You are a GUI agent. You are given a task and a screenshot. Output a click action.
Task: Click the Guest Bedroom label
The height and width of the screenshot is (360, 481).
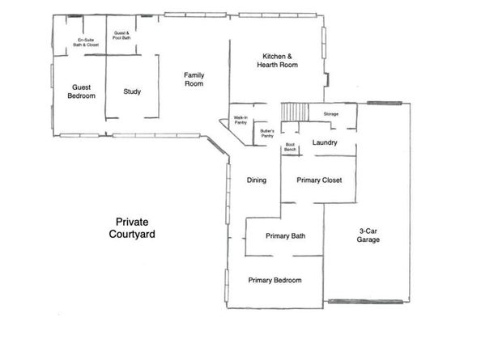[81, 91]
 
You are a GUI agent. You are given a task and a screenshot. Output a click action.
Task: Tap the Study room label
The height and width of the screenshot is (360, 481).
[132, 91]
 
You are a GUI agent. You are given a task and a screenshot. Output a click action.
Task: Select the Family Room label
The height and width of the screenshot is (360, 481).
[193, 79]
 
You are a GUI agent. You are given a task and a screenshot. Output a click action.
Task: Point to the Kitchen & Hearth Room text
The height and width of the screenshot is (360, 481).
[277, 60]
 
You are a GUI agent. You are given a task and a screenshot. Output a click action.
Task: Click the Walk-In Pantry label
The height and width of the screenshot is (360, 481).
[240, 121]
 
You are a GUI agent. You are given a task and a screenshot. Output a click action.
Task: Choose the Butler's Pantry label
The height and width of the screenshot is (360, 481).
[267, 133]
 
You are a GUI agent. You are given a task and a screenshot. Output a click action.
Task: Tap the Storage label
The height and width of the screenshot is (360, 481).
[330, 114]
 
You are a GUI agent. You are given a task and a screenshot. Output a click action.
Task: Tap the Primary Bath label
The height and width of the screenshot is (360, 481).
[286, 236]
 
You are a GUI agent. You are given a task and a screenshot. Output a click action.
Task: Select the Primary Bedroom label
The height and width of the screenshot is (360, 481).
[275, 280]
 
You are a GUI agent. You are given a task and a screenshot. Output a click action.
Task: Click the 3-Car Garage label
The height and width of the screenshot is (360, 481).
[369, 235]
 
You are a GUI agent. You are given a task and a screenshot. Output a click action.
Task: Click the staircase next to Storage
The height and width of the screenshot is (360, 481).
[295, 112]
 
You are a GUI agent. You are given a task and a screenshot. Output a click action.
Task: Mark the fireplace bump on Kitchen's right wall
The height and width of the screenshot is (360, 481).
[326, 80]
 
